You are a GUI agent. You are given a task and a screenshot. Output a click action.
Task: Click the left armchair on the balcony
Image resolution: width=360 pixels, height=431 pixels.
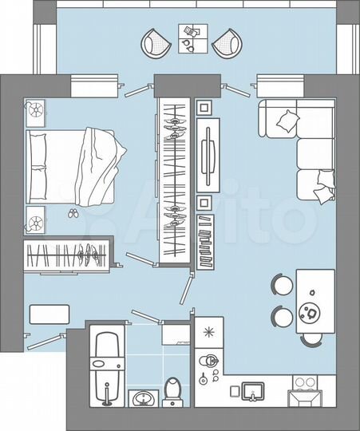tap(156, 43)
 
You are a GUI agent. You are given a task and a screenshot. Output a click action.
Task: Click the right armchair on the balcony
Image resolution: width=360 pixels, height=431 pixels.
tap(227, 43)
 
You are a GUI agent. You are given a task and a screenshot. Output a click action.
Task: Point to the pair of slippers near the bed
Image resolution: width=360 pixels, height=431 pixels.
tap(73, 214)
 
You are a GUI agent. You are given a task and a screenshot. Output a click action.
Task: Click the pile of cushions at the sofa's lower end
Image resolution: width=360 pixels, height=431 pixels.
tap(323, 187)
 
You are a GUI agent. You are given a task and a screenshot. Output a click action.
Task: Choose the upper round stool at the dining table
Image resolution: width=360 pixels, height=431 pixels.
tap(283, 285)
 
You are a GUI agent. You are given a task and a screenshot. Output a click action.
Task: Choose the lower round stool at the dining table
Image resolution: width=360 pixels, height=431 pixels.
tap(283, 315)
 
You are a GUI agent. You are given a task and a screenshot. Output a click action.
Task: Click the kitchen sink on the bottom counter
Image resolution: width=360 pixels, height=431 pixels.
tap(253, 390)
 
